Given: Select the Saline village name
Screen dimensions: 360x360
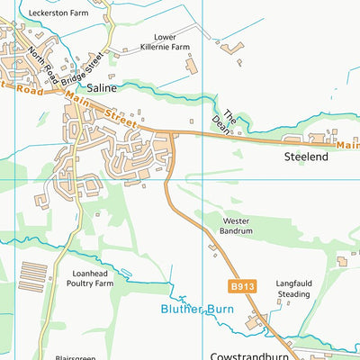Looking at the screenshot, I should click(102, 89).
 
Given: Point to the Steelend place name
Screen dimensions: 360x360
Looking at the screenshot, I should click(307, 157).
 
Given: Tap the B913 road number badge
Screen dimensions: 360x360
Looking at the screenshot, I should click(237, 286).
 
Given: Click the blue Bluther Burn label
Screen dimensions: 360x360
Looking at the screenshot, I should click(197, 310).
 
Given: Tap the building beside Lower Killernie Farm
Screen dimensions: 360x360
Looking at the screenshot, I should click(191, 64).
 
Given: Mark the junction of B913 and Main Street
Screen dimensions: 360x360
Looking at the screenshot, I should click(172, 134).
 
